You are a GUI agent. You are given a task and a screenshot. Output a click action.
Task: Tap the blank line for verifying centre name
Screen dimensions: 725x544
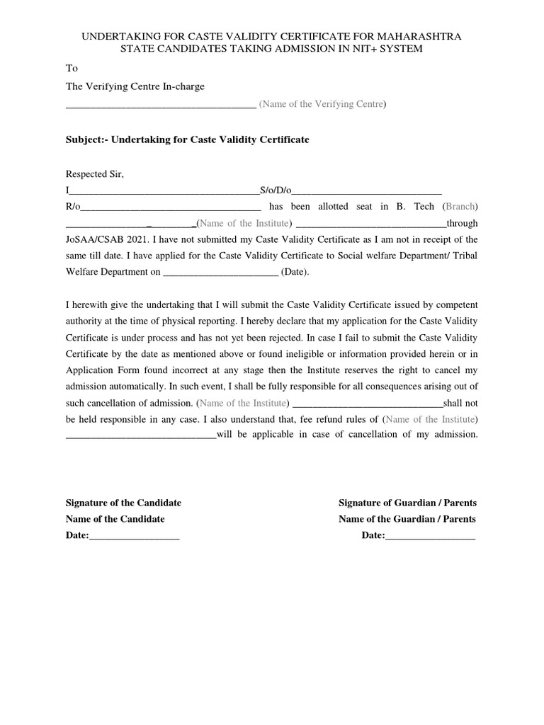click(x=160, y=106)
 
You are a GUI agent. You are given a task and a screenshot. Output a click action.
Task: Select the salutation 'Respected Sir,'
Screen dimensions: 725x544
click(x=95, y=174)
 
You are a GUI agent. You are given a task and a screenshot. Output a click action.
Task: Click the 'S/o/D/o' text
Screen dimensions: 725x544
click(x=276, y=190)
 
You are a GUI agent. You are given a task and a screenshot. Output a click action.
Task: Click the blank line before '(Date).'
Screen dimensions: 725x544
click(x=220, y=273)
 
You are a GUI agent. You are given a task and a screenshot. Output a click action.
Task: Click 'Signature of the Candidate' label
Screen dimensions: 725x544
click(x=123, y=503)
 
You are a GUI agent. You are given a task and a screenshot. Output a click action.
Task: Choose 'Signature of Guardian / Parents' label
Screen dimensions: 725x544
click(x=407, y=503)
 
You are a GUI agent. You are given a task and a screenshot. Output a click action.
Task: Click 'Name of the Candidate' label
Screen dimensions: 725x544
click(x=115, y=519)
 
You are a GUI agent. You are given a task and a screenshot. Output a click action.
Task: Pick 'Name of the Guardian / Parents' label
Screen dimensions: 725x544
click(x=407, y=519)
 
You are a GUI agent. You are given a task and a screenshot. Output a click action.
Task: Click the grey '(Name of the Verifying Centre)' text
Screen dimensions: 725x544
click(x=322, y=105)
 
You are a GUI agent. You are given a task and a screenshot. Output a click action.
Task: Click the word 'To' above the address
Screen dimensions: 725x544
click(x=72, y=69)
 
